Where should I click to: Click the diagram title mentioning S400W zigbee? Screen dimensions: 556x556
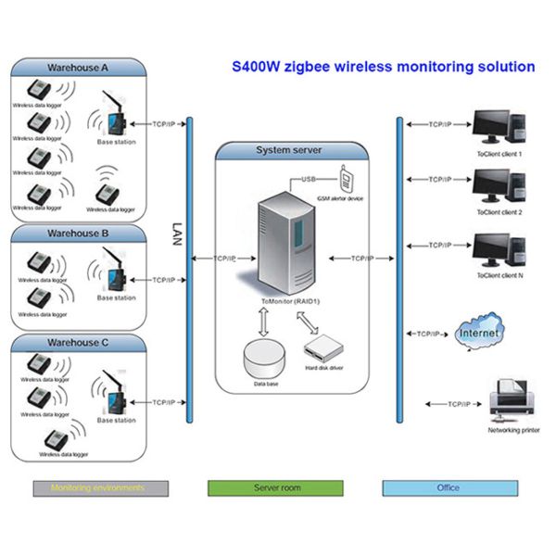pyautogui.click(x=382, y=67)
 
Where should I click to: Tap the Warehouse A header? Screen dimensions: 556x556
pyautogui.click(x=78, y=68)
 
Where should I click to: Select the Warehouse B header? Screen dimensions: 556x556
pyautogui.click(x=78, y=234)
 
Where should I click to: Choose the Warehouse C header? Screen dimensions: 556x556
pyautogui.click(x=78, y=343)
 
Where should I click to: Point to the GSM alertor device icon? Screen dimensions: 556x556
pyautogui.click(x=347, y=175)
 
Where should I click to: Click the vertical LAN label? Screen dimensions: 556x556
pyautogui.click(x=179, y=232)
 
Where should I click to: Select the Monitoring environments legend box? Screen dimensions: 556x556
pyautogui.click(x=100, y=487)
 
